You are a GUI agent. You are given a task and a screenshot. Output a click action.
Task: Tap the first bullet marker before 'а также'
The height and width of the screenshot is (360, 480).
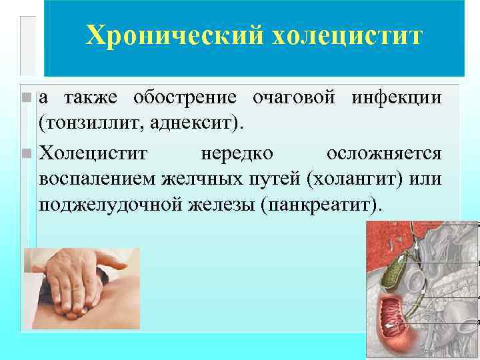coord(26,98)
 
